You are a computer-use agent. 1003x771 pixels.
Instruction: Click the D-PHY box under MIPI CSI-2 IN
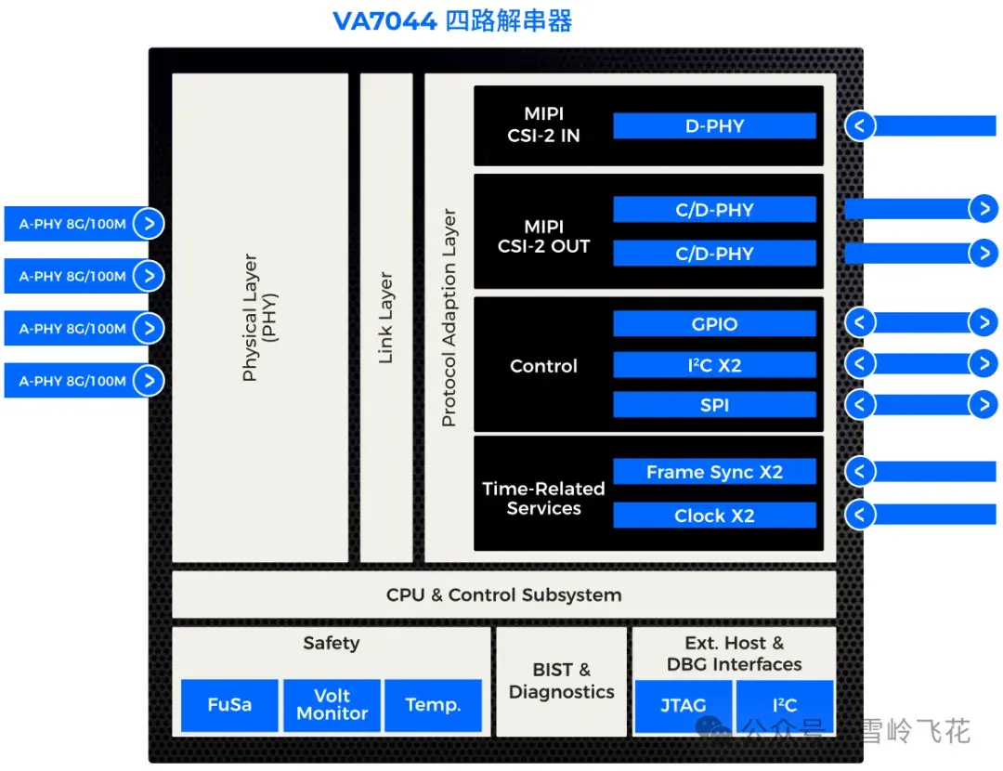point(714,126)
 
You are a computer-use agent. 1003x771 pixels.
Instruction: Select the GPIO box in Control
point(714,324)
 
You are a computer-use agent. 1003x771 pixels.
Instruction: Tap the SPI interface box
point(714,405)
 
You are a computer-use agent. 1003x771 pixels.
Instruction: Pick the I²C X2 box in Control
point(714,365)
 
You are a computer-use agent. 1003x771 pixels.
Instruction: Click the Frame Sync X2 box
point(714,472)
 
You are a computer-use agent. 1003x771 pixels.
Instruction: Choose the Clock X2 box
point(714,516)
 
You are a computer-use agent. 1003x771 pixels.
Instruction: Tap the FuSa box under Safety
point(228,705)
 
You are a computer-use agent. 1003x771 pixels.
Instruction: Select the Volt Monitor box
point(332,705)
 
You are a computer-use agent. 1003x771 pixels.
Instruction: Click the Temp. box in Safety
point(432,705)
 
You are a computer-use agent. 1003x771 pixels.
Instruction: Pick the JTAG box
point(683,706)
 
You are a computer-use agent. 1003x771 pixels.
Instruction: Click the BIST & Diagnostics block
point(561,681)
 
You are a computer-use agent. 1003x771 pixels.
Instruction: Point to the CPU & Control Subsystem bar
point(503,595)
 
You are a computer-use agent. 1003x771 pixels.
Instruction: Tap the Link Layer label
point(386,318)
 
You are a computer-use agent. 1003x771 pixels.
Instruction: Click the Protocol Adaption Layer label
point(449,318)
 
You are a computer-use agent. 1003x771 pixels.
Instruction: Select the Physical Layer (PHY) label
point(259,318)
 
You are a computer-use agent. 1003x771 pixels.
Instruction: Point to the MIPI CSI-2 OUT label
point(543,237)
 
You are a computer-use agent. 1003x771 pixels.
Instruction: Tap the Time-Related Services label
point(543,498)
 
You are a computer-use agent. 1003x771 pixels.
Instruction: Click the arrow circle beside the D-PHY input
point(860,125)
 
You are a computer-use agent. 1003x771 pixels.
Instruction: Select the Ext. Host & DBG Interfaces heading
point(734,653)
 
